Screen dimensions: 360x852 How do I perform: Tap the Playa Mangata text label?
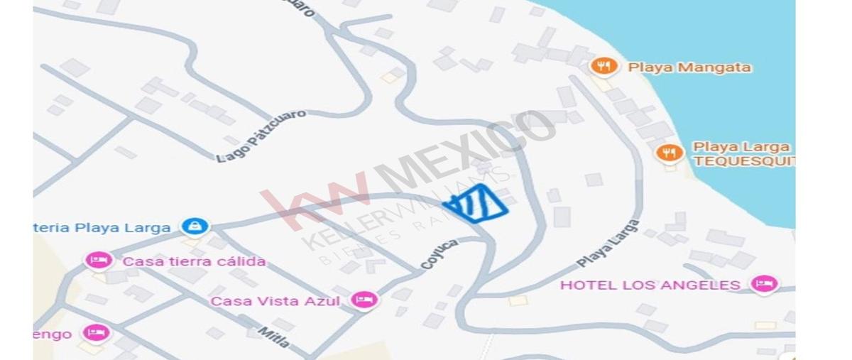tap(689, 68)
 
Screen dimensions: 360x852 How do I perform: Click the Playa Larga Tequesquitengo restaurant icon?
tap(669, 153)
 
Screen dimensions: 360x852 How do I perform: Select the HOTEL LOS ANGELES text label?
tap(650, 285)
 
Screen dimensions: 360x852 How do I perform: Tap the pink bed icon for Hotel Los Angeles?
tap(764, 284)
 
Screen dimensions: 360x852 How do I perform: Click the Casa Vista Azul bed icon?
tap(364, 300)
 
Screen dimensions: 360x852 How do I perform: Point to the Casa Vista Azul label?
tap(275, 302)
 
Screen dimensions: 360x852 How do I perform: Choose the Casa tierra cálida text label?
tap(194, 261)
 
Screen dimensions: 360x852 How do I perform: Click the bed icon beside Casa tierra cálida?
tap(99, 261)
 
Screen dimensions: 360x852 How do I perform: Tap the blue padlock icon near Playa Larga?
tap(194, 227)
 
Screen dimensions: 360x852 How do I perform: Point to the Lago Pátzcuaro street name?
tap(261, 136)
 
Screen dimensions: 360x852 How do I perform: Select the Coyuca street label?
tap(439, 253)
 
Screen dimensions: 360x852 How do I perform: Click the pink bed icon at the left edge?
tap(95, 332)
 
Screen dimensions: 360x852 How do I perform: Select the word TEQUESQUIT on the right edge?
tap(743, 161)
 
